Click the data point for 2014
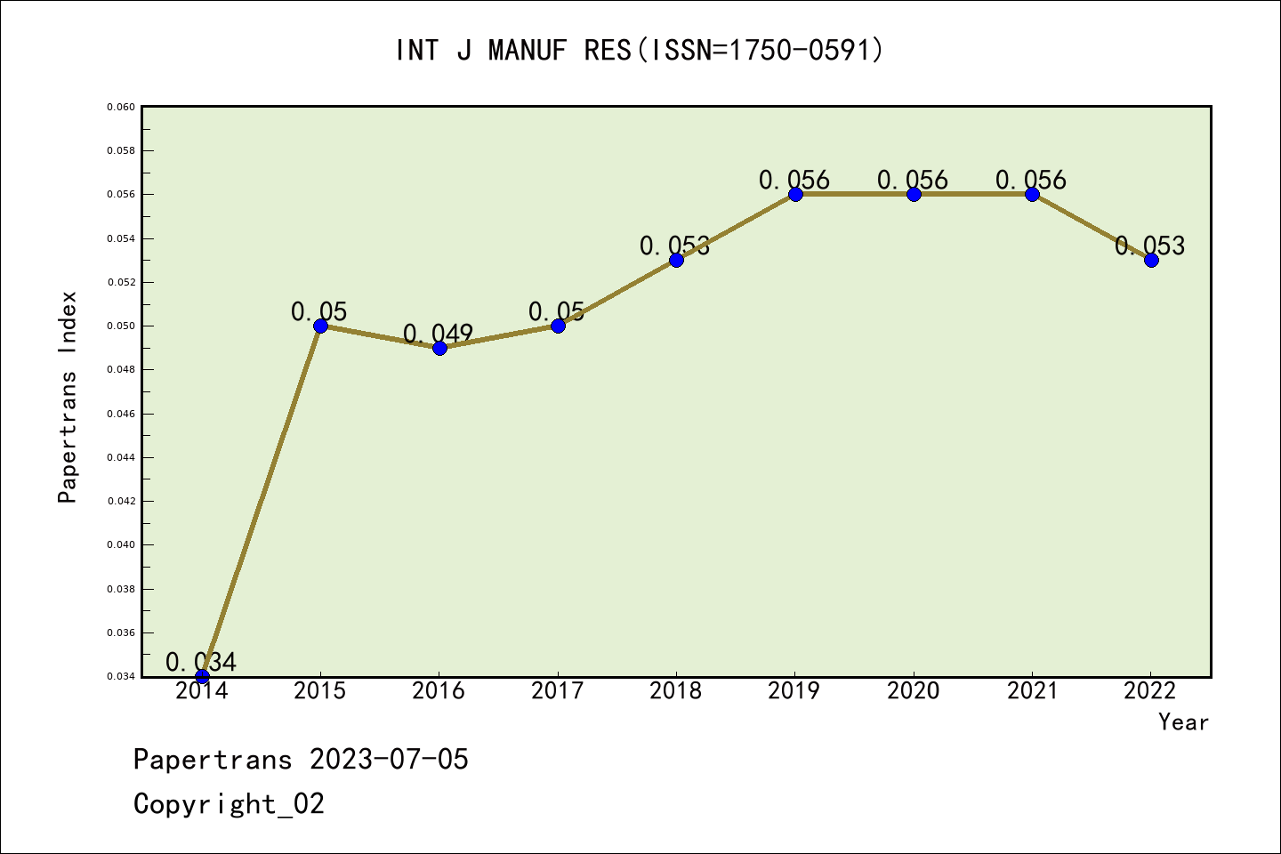tap(202, 676)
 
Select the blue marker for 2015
tap(320, 326)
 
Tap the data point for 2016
tap(439, 348)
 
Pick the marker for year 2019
tap(795, 194)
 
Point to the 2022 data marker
tap(1151, 260)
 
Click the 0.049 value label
tap(439, 334)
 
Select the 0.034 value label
tap(201, 662)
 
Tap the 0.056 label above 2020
tap(913, 180)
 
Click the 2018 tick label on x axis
tap(676, 691)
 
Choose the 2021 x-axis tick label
tap(1032, 691)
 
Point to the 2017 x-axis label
tap(558, 691)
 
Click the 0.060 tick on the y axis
tap(121, 107)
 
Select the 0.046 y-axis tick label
tap(121, 414)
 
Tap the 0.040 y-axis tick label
tap(121, 544)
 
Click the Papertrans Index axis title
tap(68, 397)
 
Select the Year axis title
tap(1183, 722)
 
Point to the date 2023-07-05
tap(389, 760)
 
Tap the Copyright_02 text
tap(229, 804)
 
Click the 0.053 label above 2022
tap(1150, 246)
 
